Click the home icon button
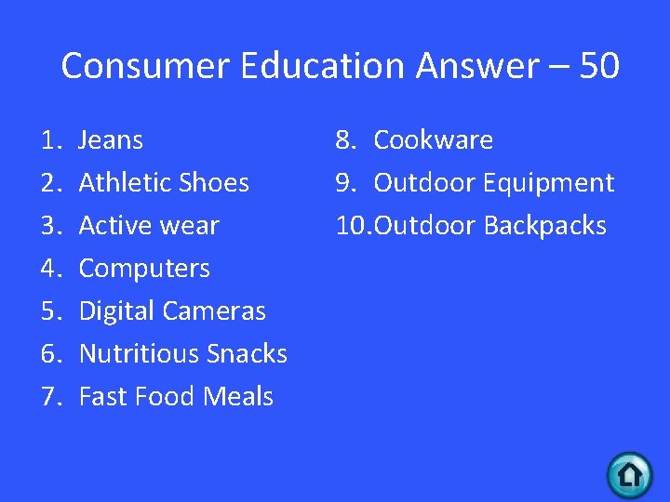[630, 474]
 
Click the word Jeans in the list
[111, 140]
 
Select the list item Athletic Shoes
[164, 183]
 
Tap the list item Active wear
[149, 226]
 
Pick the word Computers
[144, 269]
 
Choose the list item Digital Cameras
[172, 311]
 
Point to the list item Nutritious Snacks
[182, 354]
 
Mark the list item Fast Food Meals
[176, 397]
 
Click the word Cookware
[433, 140]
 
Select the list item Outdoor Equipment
[493, 183]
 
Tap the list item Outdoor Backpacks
[489, 226]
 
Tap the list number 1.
[49, 140]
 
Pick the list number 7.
[49, 397]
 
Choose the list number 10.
[352, 226]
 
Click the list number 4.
[49, 269]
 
